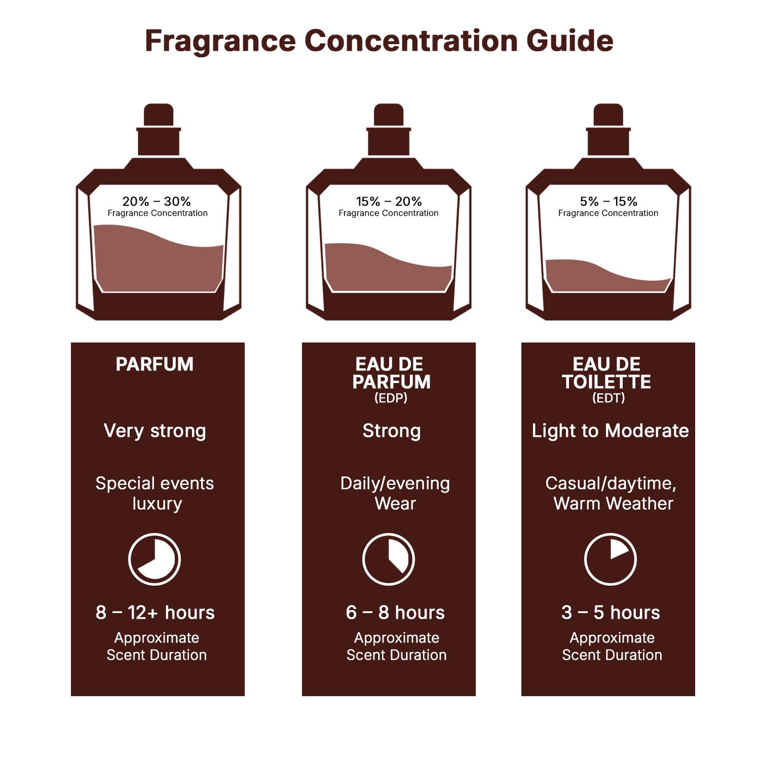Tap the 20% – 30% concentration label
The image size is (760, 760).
pyautogui.click(x=157, y=201)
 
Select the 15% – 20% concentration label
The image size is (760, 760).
pyautogui.click(x=389, y=201)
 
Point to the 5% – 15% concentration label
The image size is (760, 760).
pyautogui.click(x=609, y=201)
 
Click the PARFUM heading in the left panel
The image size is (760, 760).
pyautogui.click(x=155, y=364)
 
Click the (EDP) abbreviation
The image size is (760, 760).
pyautogui.click(x=391, y=398)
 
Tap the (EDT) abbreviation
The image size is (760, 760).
pyautogui.click(x=609, y=398)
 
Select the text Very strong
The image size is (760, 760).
pyautogui.click(x=155, y=431)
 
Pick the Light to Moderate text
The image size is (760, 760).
pyautogui.click(x=610, y=431)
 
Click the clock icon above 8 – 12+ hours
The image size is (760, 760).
pyautogui.click(x=155, y=559)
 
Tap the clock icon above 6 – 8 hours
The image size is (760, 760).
pyautogui.click(x=389, y=559)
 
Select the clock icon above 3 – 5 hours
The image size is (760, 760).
pyautogui.click(x=611, y=559)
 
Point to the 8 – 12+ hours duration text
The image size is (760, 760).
pyautogui.click(x=155, y=613)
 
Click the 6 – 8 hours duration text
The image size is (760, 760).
pyautogui.click(x=395, y=613)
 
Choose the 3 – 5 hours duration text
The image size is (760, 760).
pyautogui.click(x=611, y=613)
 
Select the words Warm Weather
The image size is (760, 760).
pyautogui.click(x=613, y=504)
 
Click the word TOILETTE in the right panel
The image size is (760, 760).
pyautogui.click(x=606, y=382)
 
